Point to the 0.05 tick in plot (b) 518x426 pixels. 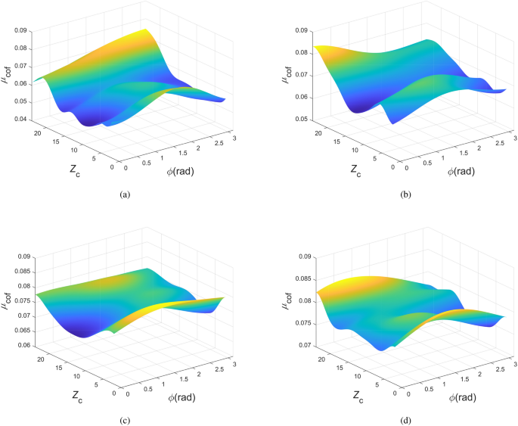point(302,120)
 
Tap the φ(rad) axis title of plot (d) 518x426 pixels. point(461,396)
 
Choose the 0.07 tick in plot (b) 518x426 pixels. point(302,76)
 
